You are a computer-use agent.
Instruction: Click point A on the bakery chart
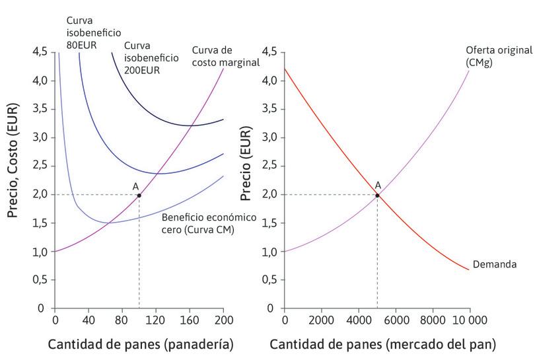click(x=139, y=195)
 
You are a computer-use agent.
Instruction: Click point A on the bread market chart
click(x=377, y=195)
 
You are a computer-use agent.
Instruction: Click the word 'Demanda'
click(x=495, y=265)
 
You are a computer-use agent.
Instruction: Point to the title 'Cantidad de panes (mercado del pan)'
click(x=382, y=344)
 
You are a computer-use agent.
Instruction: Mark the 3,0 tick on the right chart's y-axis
click(x=269, y=137)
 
